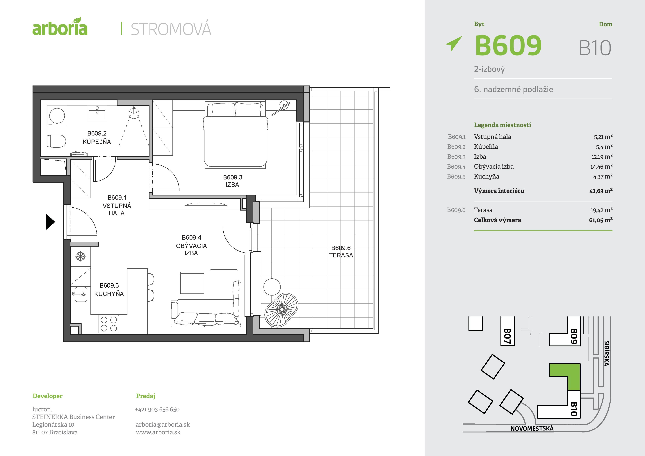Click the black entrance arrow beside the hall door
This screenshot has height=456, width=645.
pyautogui.click(x=50, y=222)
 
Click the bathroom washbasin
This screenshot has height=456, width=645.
pyautogui.click(x=97, y=113)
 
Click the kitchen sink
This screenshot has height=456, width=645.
pyautogui.click(x=80, y=294)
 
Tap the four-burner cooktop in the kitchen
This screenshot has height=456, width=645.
pyautogui.click(x=109, y=324)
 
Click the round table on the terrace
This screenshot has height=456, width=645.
pyautogui.click(x=272, y=287)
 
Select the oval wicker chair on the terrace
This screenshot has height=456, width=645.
pyautogui.click(x=281, y=310)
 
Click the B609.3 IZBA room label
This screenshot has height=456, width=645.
pyautogui.click(x=232, y=181)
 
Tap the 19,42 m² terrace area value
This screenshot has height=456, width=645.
pyautogui.click(x=601, y=210)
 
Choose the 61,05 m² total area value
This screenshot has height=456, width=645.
pyautogui.click(x=601, y=220)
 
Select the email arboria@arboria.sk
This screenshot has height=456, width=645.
pyautogui.click(x=163, y=424)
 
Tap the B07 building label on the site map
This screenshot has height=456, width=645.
pyautogui.click(x=507, y=336)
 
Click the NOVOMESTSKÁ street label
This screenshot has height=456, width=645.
pyautogui.click(x=532, y=428)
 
